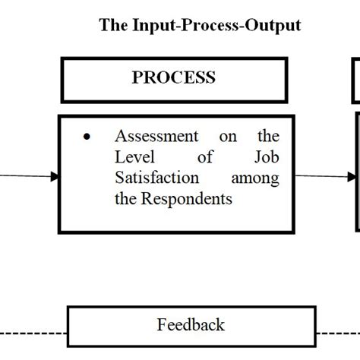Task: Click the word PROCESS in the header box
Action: click(173, 77)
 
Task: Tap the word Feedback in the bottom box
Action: click(191, 325)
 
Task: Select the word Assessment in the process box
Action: click(156, 137)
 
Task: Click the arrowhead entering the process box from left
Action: click(54, 176)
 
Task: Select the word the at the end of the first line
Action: click(267, 137)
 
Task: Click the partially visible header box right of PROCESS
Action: click(356, 81)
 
